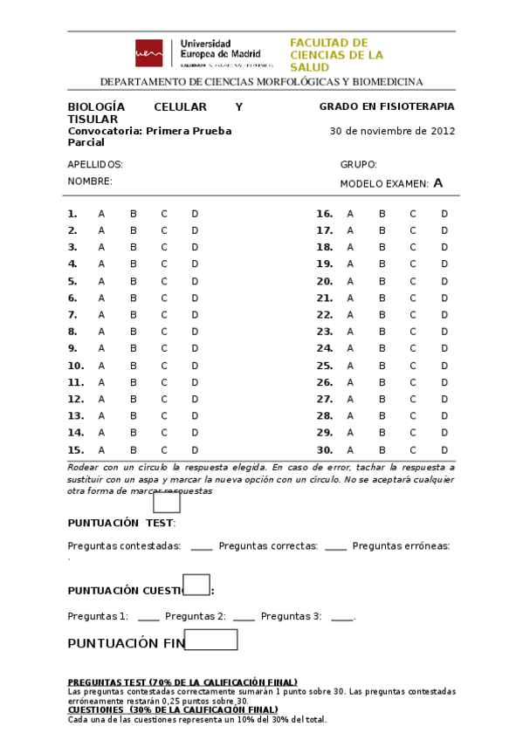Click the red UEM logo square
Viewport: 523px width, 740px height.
(x=148, y=53)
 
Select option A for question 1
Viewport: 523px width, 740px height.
(x=101, y=214)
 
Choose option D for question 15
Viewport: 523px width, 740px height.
(x=195, y=450)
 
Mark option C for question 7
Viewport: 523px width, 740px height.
(x=163, y=315)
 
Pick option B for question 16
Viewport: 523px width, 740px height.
(x=382, y=214)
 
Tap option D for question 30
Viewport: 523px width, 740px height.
(x=444, y=450)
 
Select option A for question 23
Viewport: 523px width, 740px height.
(x=350, y=332)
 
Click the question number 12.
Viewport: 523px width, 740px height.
(x=75, y=399)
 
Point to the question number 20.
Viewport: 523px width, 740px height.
(x=324, y=281)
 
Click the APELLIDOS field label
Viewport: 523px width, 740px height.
(x=95, y=165)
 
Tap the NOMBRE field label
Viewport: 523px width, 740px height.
(x=90, y=182)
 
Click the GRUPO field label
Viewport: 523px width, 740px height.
(x=358, y=165)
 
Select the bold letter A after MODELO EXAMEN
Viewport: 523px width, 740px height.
(x=438, y=183)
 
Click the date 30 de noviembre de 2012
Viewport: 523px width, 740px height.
(x=392, y=132)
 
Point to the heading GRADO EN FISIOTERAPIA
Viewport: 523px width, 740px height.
(x=387, y=106)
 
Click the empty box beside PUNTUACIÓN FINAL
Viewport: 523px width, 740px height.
(x=210, y=640)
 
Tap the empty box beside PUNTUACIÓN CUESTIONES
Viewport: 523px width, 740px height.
(x=196, y=585)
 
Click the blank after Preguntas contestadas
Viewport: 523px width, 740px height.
(x=201, y=547)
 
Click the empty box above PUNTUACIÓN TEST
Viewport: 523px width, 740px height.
(x=167, y=503)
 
